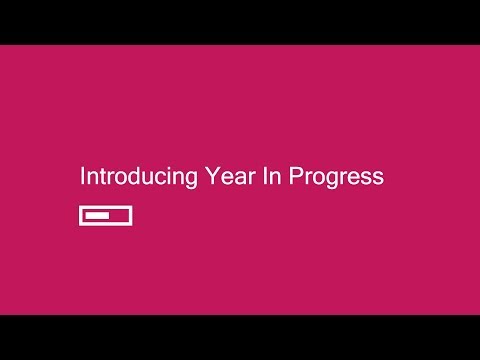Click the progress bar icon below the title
coord(106,215)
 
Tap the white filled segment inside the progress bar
coord(97,215)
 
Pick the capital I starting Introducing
coord(83,177)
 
